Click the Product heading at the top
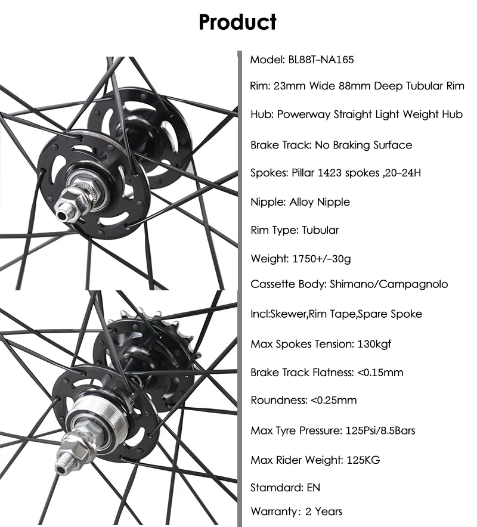[237, 22]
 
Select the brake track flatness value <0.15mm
[380, 373]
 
